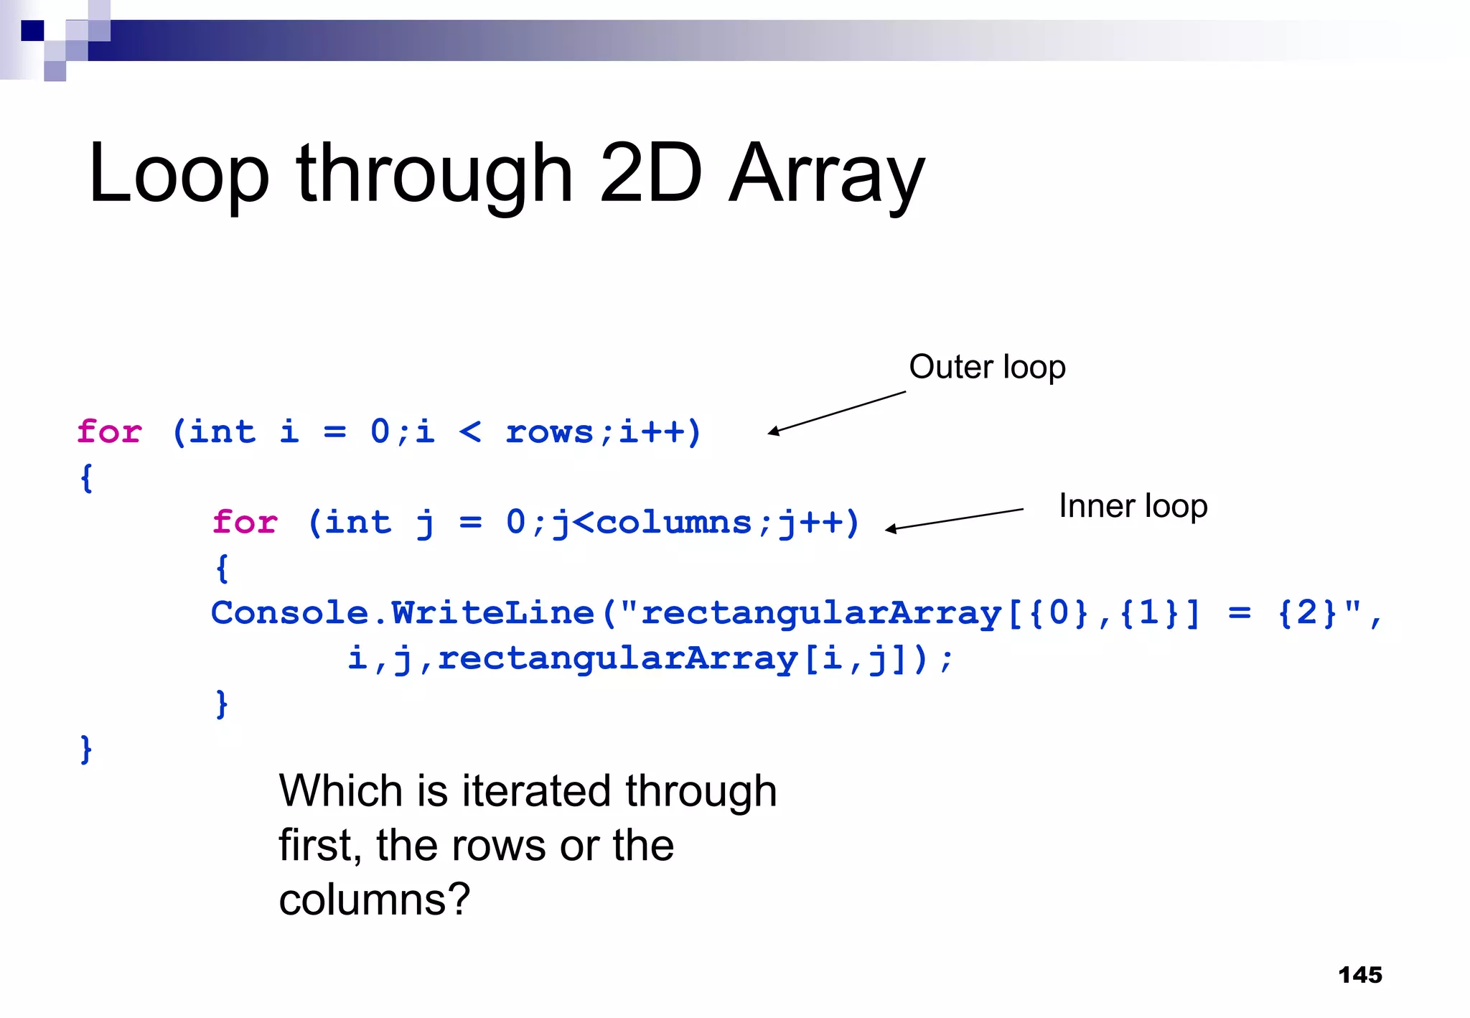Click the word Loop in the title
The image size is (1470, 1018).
click(179, 174)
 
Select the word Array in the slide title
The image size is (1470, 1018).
click(827, 174)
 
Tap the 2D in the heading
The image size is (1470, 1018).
click(650, 173)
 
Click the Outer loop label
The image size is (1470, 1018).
click(987, 367)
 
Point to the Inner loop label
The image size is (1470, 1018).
click(1133, 506)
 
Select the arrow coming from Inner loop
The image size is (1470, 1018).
click(955, 520)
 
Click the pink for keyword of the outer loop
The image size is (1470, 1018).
click(109, 431)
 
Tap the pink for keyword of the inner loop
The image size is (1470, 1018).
click(245, 522)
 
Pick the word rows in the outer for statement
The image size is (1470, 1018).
click(550, 431)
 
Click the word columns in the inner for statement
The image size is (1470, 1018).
click(673, 522)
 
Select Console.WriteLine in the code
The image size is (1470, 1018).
click(403, 612)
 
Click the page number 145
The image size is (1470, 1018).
click(1359, 975)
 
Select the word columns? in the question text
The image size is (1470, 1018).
click(374, 899)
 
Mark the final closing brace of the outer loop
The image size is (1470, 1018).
click(86, 749)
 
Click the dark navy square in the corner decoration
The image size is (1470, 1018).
click(32, 31)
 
